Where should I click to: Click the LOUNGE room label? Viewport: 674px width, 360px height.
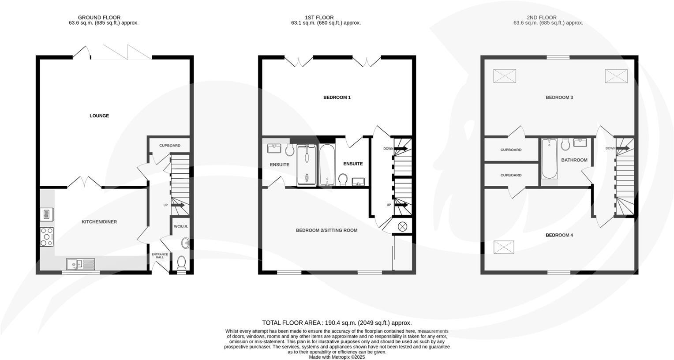pos(99,116)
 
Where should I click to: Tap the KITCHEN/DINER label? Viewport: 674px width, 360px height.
pos(99,222)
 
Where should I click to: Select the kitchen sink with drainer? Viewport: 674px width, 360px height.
pos(80,264)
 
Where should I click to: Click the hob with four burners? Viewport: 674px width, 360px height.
pos(47,237)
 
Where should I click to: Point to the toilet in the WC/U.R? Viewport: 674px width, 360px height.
pos(181,263)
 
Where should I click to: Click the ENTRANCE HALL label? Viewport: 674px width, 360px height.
pos(160,256)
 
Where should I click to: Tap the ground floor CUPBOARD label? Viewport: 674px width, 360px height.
pos(170,146)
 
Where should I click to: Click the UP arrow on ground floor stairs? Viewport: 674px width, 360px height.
pos(178,205)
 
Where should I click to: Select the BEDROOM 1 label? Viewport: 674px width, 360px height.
pos(337,97)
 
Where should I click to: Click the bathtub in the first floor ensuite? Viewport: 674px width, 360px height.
pos(327,165)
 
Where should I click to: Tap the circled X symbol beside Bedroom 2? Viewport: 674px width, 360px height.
pos(403,227)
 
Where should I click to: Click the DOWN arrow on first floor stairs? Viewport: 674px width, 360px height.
pos(401,149)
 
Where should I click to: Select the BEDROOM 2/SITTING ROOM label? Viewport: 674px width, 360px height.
pos(326,230)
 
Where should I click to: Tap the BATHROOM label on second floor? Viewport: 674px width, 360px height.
pos(574,160)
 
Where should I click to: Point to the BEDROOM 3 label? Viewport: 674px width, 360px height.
pos(559,97)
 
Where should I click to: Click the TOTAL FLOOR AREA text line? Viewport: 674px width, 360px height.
pos(337,323)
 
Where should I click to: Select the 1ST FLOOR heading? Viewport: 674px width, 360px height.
pos(326,18)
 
